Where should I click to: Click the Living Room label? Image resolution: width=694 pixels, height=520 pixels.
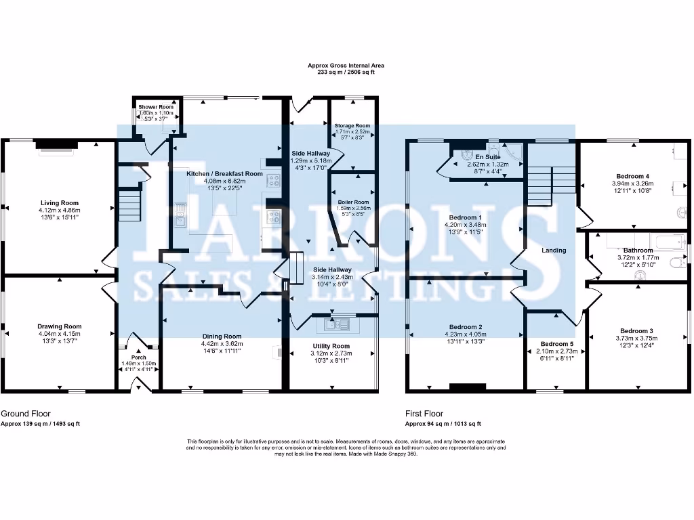(60, 202)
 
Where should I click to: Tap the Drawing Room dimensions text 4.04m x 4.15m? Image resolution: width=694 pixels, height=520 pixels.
(59, 334)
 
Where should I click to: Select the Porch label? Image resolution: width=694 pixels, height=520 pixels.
(138, 357)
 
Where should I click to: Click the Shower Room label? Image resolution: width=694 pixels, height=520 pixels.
(156, 107)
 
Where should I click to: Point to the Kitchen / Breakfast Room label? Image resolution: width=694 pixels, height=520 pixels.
(224, 174)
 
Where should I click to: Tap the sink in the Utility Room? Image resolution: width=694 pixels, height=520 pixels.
(337, 324)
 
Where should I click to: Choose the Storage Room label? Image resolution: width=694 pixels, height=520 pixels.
(352, 125)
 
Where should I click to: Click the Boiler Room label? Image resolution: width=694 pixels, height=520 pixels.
(353, 202)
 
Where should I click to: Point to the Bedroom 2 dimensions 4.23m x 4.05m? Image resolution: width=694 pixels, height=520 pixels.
(466, 334)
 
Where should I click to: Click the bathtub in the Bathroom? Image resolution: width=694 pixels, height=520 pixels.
(667, 240)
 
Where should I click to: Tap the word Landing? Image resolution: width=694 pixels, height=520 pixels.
(554, 251)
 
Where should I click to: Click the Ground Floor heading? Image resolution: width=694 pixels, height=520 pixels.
(26, 413)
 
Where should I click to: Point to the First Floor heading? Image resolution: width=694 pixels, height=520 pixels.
(424, 413)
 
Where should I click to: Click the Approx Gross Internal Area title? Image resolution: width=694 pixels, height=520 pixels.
(346, 66)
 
